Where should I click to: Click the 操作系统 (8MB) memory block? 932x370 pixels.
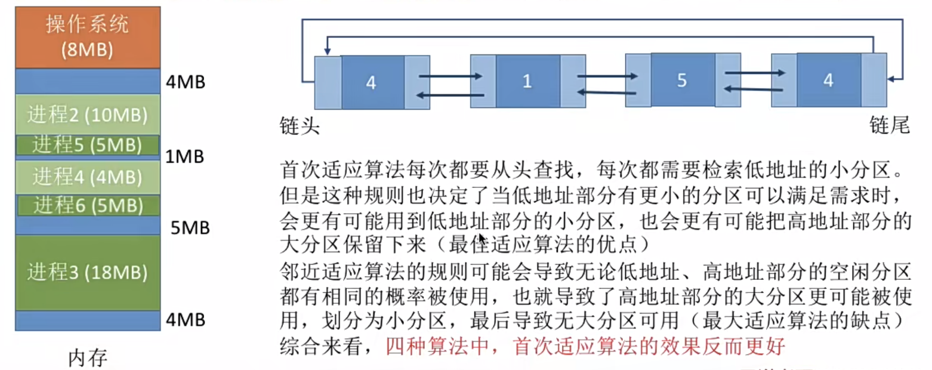[x=88, y=37]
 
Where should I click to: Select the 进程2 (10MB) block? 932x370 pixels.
[x=88, y=115]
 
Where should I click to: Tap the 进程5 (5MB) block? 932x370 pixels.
[x=88, y=145]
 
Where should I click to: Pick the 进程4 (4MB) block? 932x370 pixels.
[x=88, y=177]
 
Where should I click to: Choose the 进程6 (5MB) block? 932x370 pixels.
[x=88, y=205]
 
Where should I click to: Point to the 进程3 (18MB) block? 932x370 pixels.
[x=88, y=272]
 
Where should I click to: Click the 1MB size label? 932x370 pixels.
[x=185, y=157]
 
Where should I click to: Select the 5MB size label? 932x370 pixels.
[x=190, y=227]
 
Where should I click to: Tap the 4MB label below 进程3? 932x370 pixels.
[x=186, y=320]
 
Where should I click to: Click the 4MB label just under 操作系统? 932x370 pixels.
[x=186, y=82]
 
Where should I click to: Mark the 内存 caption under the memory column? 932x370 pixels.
[x=88, y=357]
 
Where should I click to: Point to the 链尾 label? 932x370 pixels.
[x=890, y=125]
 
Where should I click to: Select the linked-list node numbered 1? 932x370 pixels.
[x=528, y=81]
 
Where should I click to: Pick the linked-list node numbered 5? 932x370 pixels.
[x=683, y=80]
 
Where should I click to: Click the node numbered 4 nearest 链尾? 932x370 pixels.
[x=829, y=80]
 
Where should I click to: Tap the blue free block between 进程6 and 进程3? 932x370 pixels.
[x=88, y=225]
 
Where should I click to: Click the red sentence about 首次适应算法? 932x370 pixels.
[x=585, y=346]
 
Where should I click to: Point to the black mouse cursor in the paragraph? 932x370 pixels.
[x=482, y=239]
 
